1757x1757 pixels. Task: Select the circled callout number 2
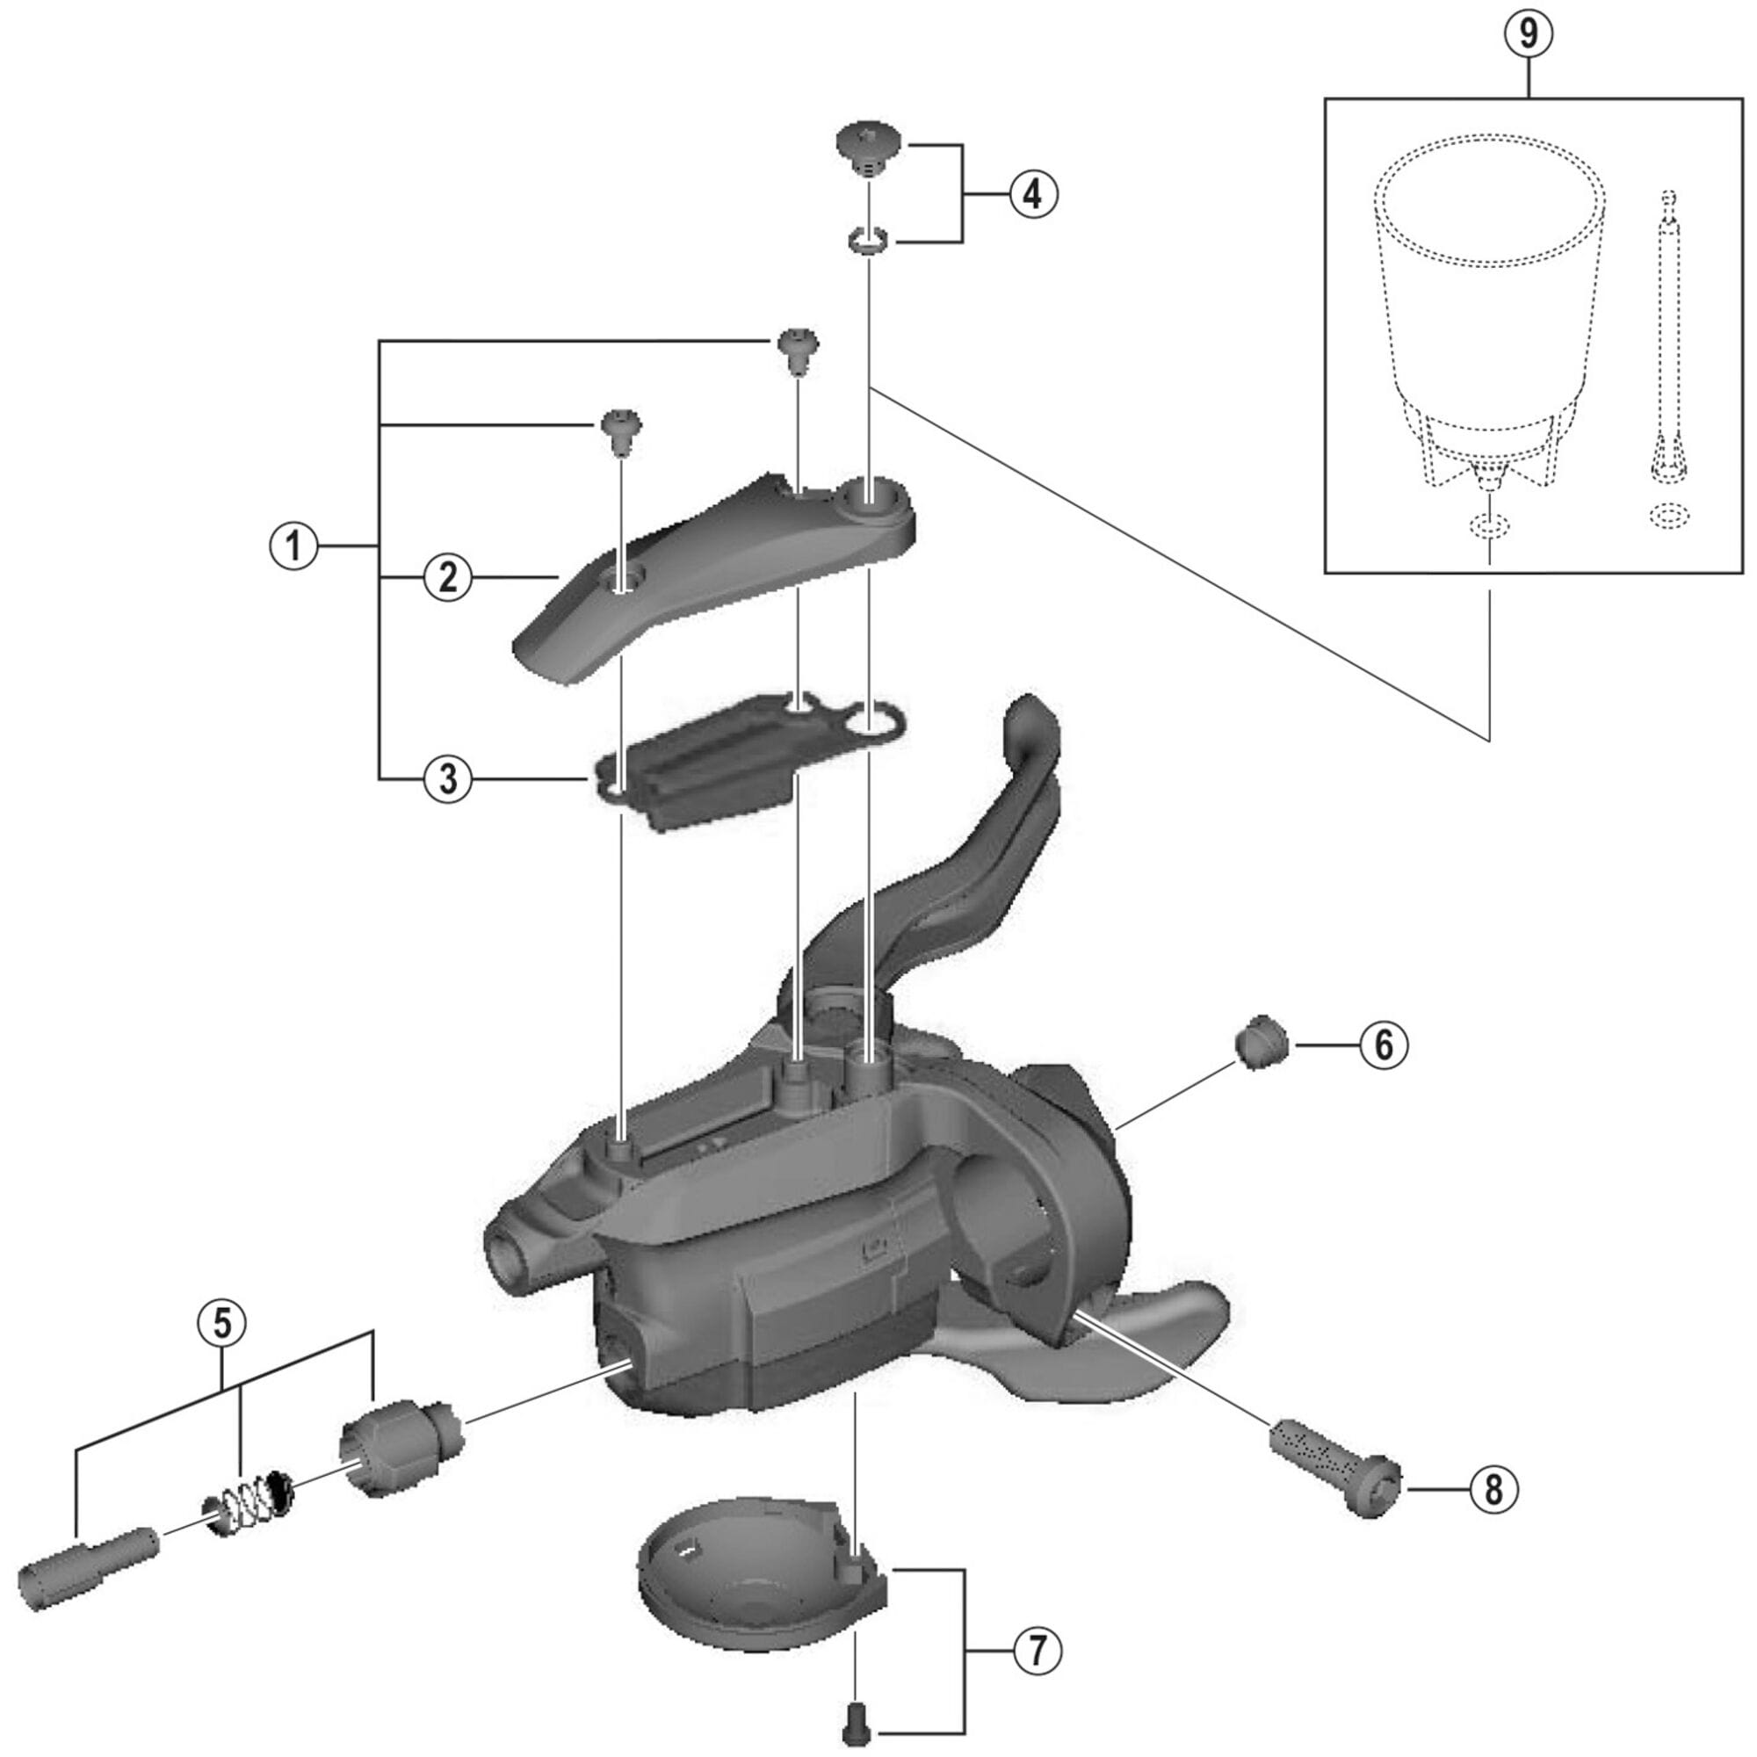[x=447, y=578]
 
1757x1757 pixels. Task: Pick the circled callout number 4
[x=1034, y=192]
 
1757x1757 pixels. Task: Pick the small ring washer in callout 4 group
[x=867, y=242]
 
